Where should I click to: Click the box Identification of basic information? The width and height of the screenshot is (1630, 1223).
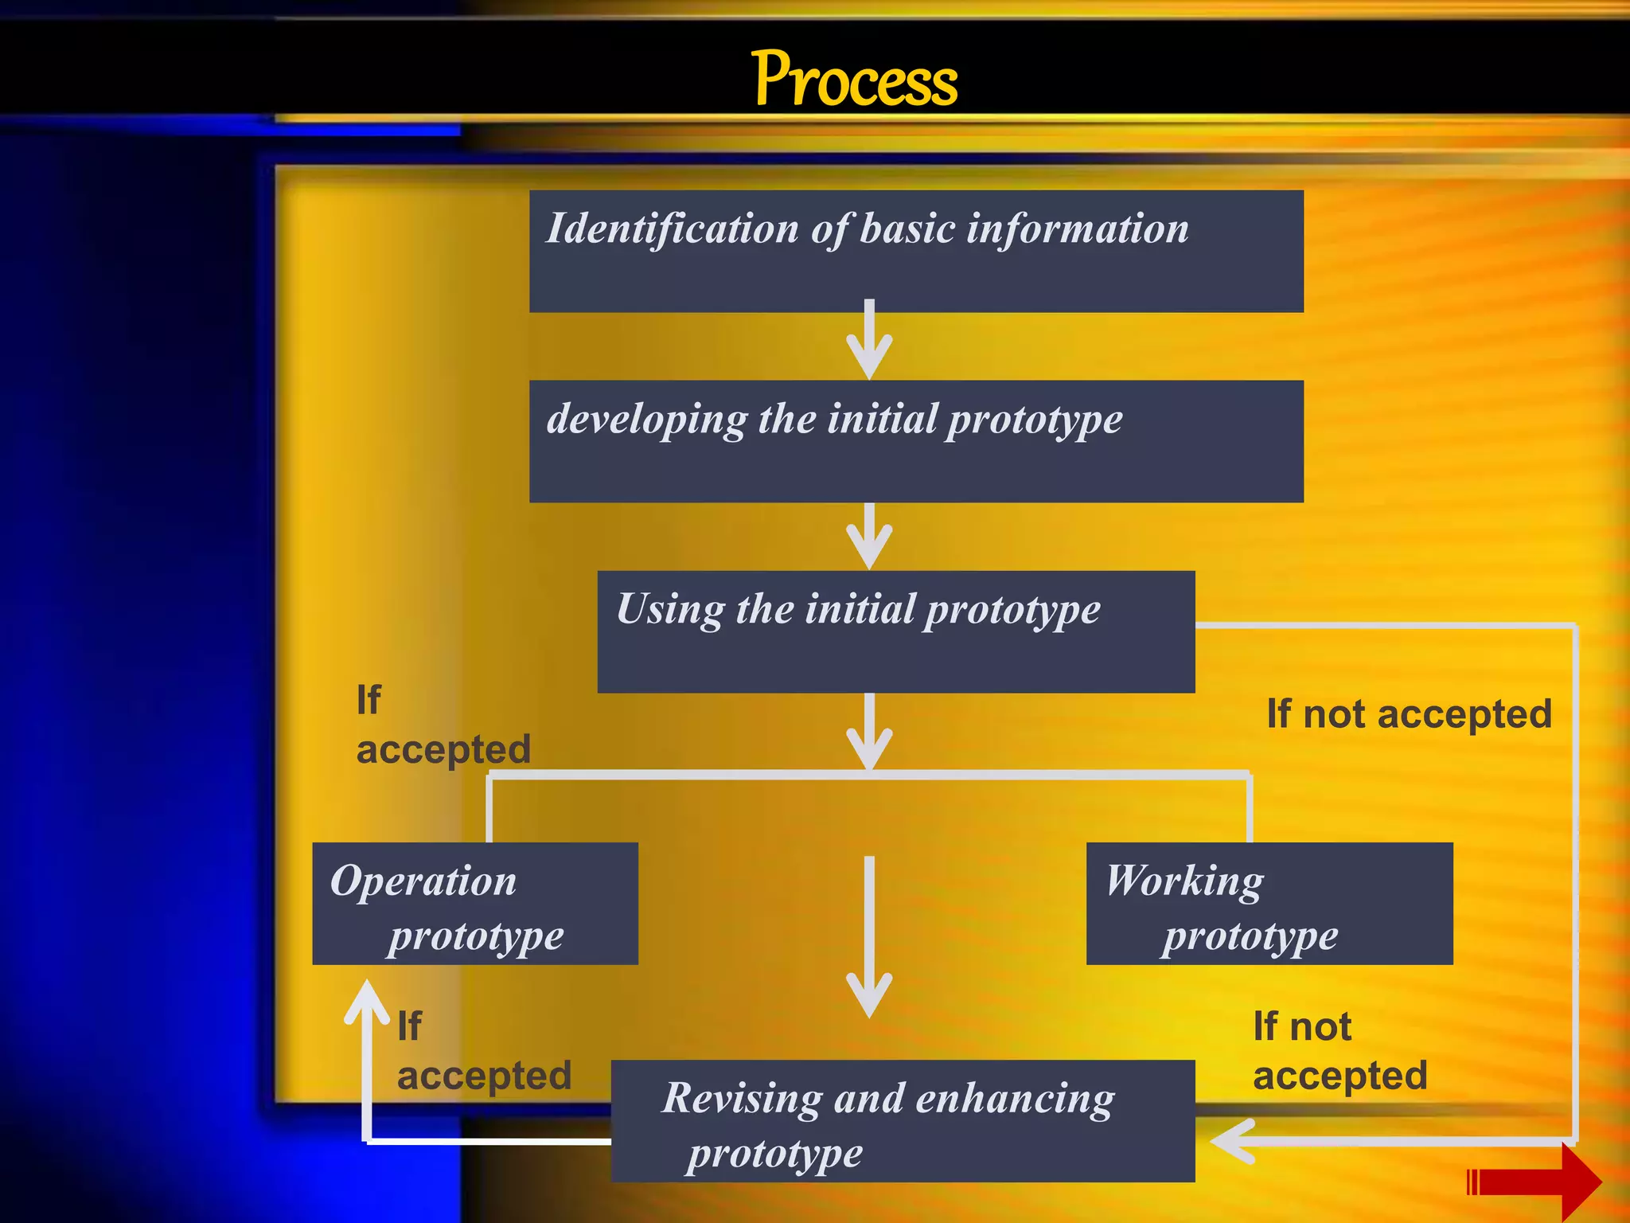point(915,251)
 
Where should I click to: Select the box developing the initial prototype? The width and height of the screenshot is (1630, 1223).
point(915,441)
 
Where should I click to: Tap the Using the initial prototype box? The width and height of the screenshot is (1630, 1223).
point(895,631)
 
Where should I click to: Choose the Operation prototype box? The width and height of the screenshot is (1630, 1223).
point(475,904)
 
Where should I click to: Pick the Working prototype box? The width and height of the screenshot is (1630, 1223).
point(1269,904)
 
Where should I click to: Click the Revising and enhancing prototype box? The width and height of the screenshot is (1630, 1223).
point(903,1120)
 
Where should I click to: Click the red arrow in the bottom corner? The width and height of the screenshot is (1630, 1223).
point(1536,1182)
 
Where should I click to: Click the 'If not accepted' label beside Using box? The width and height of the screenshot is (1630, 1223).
point(1409,713)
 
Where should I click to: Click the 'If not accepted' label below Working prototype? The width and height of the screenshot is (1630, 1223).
point(1339,1050)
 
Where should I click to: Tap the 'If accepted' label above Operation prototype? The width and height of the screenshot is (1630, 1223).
point(442,725)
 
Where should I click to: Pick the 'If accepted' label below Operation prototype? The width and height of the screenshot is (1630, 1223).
point(483,1050)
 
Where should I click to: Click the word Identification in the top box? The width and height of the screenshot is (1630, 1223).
point(672,229)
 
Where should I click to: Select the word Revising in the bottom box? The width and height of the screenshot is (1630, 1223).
point(742,1098)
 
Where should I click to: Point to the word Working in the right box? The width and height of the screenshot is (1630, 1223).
point(1184,881)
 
